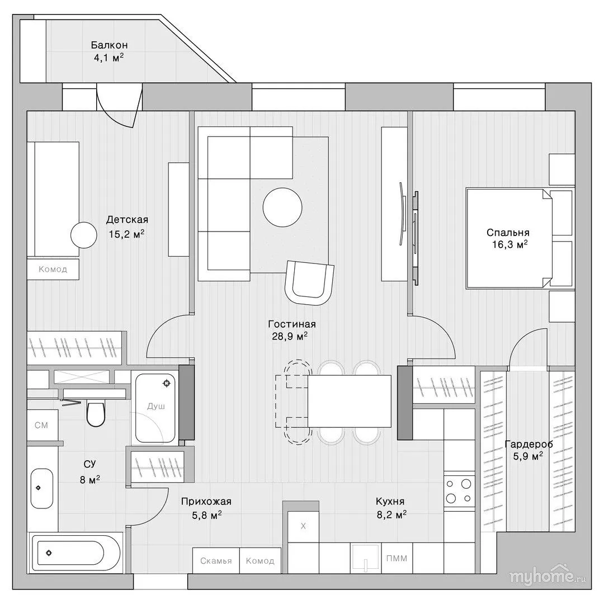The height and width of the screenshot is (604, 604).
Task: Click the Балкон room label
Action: [110, 45]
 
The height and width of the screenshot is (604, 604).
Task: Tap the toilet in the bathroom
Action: [96, 413]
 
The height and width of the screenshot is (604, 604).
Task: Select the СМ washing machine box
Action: [41, 425]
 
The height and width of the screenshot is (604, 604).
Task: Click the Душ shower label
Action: [156, 406]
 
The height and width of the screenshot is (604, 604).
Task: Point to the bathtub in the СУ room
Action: [68, 553]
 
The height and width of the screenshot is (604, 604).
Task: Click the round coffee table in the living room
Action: [282, 207]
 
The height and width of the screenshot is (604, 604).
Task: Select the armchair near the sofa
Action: [309, 282]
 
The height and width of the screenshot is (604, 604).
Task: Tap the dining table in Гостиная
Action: [350, 401]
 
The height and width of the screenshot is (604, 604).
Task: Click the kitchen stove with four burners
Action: [459, 491]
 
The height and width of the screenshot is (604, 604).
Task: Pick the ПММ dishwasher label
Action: [397, 558]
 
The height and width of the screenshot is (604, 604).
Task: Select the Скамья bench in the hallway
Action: [216, 560]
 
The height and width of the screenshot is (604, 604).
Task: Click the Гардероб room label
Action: [528, 444]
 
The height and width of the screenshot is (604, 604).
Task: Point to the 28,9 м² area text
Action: [290, 336]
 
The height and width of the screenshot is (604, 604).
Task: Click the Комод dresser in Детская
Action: [53, 269]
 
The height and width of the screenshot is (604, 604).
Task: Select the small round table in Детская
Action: [83, 235]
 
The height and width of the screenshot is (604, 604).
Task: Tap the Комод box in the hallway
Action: [261, 560]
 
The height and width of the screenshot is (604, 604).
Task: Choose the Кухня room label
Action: [390, 501]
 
